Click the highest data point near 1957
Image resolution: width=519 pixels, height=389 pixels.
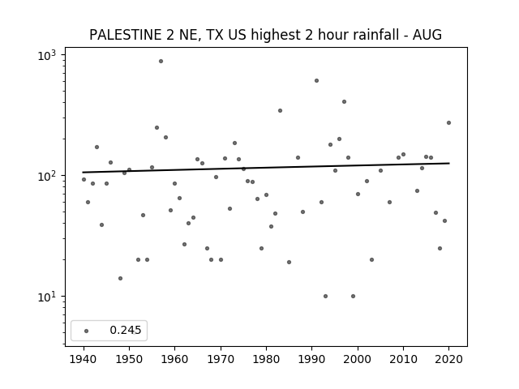coord(161,62)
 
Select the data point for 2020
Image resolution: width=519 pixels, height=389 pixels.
coord(448,122)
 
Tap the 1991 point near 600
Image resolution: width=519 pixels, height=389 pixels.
coord(316,81)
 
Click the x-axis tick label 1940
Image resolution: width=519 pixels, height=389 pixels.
coord(84,359)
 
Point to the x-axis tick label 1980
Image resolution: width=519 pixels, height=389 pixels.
coord(266,359)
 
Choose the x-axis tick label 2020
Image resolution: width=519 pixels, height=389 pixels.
coord(448,359)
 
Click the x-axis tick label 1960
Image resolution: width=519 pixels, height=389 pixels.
coord(175,359)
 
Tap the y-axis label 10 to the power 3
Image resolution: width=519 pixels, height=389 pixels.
coord(47,55)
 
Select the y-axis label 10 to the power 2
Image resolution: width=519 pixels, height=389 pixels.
coord(47,176)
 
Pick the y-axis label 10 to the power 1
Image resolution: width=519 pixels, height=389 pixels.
coord(47,297)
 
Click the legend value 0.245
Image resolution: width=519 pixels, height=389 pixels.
coord(126,330)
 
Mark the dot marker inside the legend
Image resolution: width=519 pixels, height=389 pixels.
coord(87,331)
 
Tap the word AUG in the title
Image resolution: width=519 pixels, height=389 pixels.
coord(427,35)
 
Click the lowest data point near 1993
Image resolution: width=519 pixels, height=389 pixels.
coord(325,296)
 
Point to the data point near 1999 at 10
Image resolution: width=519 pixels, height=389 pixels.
coord(354,296)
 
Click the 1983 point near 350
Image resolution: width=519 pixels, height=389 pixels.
coord(280,110)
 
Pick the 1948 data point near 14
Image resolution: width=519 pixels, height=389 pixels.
coord(120,278)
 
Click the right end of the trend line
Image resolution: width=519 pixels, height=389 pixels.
coord(449,163)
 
